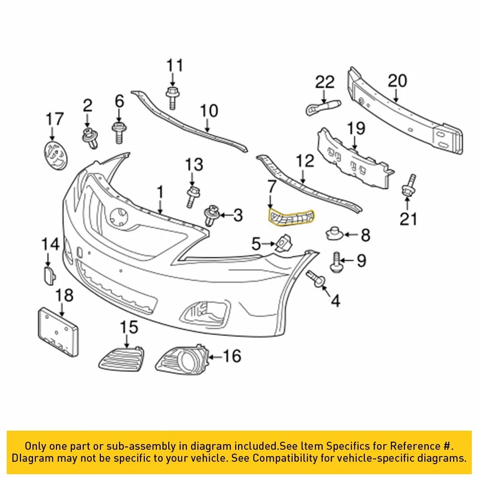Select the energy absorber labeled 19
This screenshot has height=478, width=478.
354,156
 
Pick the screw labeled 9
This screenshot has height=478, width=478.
337,262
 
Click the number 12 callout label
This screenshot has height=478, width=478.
305,161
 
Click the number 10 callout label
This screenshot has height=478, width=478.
208,111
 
